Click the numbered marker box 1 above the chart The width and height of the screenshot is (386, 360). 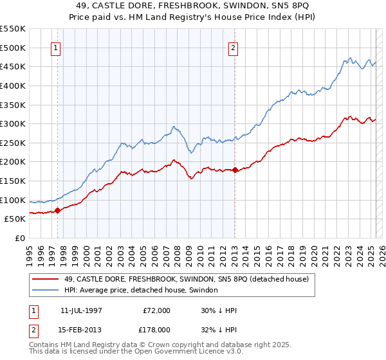click(56, 48)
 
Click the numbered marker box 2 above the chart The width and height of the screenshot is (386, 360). click(233, 48)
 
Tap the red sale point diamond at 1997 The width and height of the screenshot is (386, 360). click(57, 210)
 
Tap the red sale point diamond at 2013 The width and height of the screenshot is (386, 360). click(235, 170)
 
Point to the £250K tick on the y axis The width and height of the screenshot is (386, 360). click(13, 143)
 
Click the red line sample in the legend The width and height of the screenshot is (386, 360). click(44, 280)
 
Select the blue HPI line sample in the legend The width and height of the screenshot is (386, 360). click(44, 291)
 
